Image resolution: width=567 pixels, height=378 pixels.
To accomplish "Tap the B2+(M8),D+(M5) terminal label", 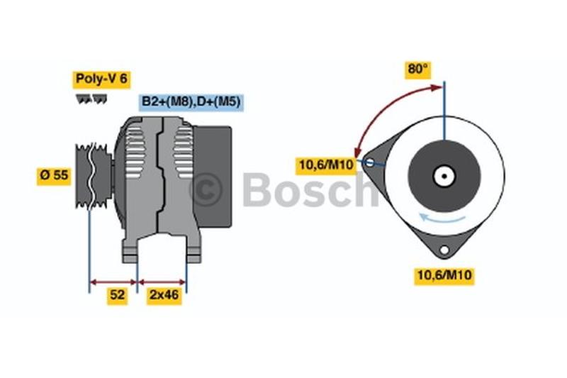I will (191, 102).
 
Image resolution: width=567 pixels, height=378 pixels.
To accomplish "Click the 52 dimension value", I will (117, 296).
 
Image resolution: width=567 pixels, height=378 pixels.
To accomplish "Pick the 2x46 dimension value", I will (164, 296).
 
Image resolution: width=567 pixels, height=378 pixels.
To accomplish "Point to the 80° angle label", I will (418, 70).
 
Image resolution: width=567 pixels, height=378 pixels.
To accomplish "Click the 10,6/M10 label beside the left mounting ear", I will (326, 165).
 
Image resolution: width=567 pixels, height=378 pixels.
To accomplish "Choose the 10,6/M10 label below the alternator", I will (444, 276).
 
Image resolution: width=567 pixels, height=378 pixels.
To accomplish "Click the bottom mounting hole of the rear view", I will (444, 250).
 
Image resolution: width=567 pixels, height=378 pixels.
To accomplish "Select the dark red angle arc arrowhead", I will (360, 151).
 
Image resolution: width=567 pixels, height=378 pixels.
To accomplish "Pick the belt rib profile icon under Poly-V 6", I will (89, 99).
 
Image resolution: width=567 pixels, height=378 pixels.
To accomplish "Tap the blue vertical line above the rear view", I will (444, 110).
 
